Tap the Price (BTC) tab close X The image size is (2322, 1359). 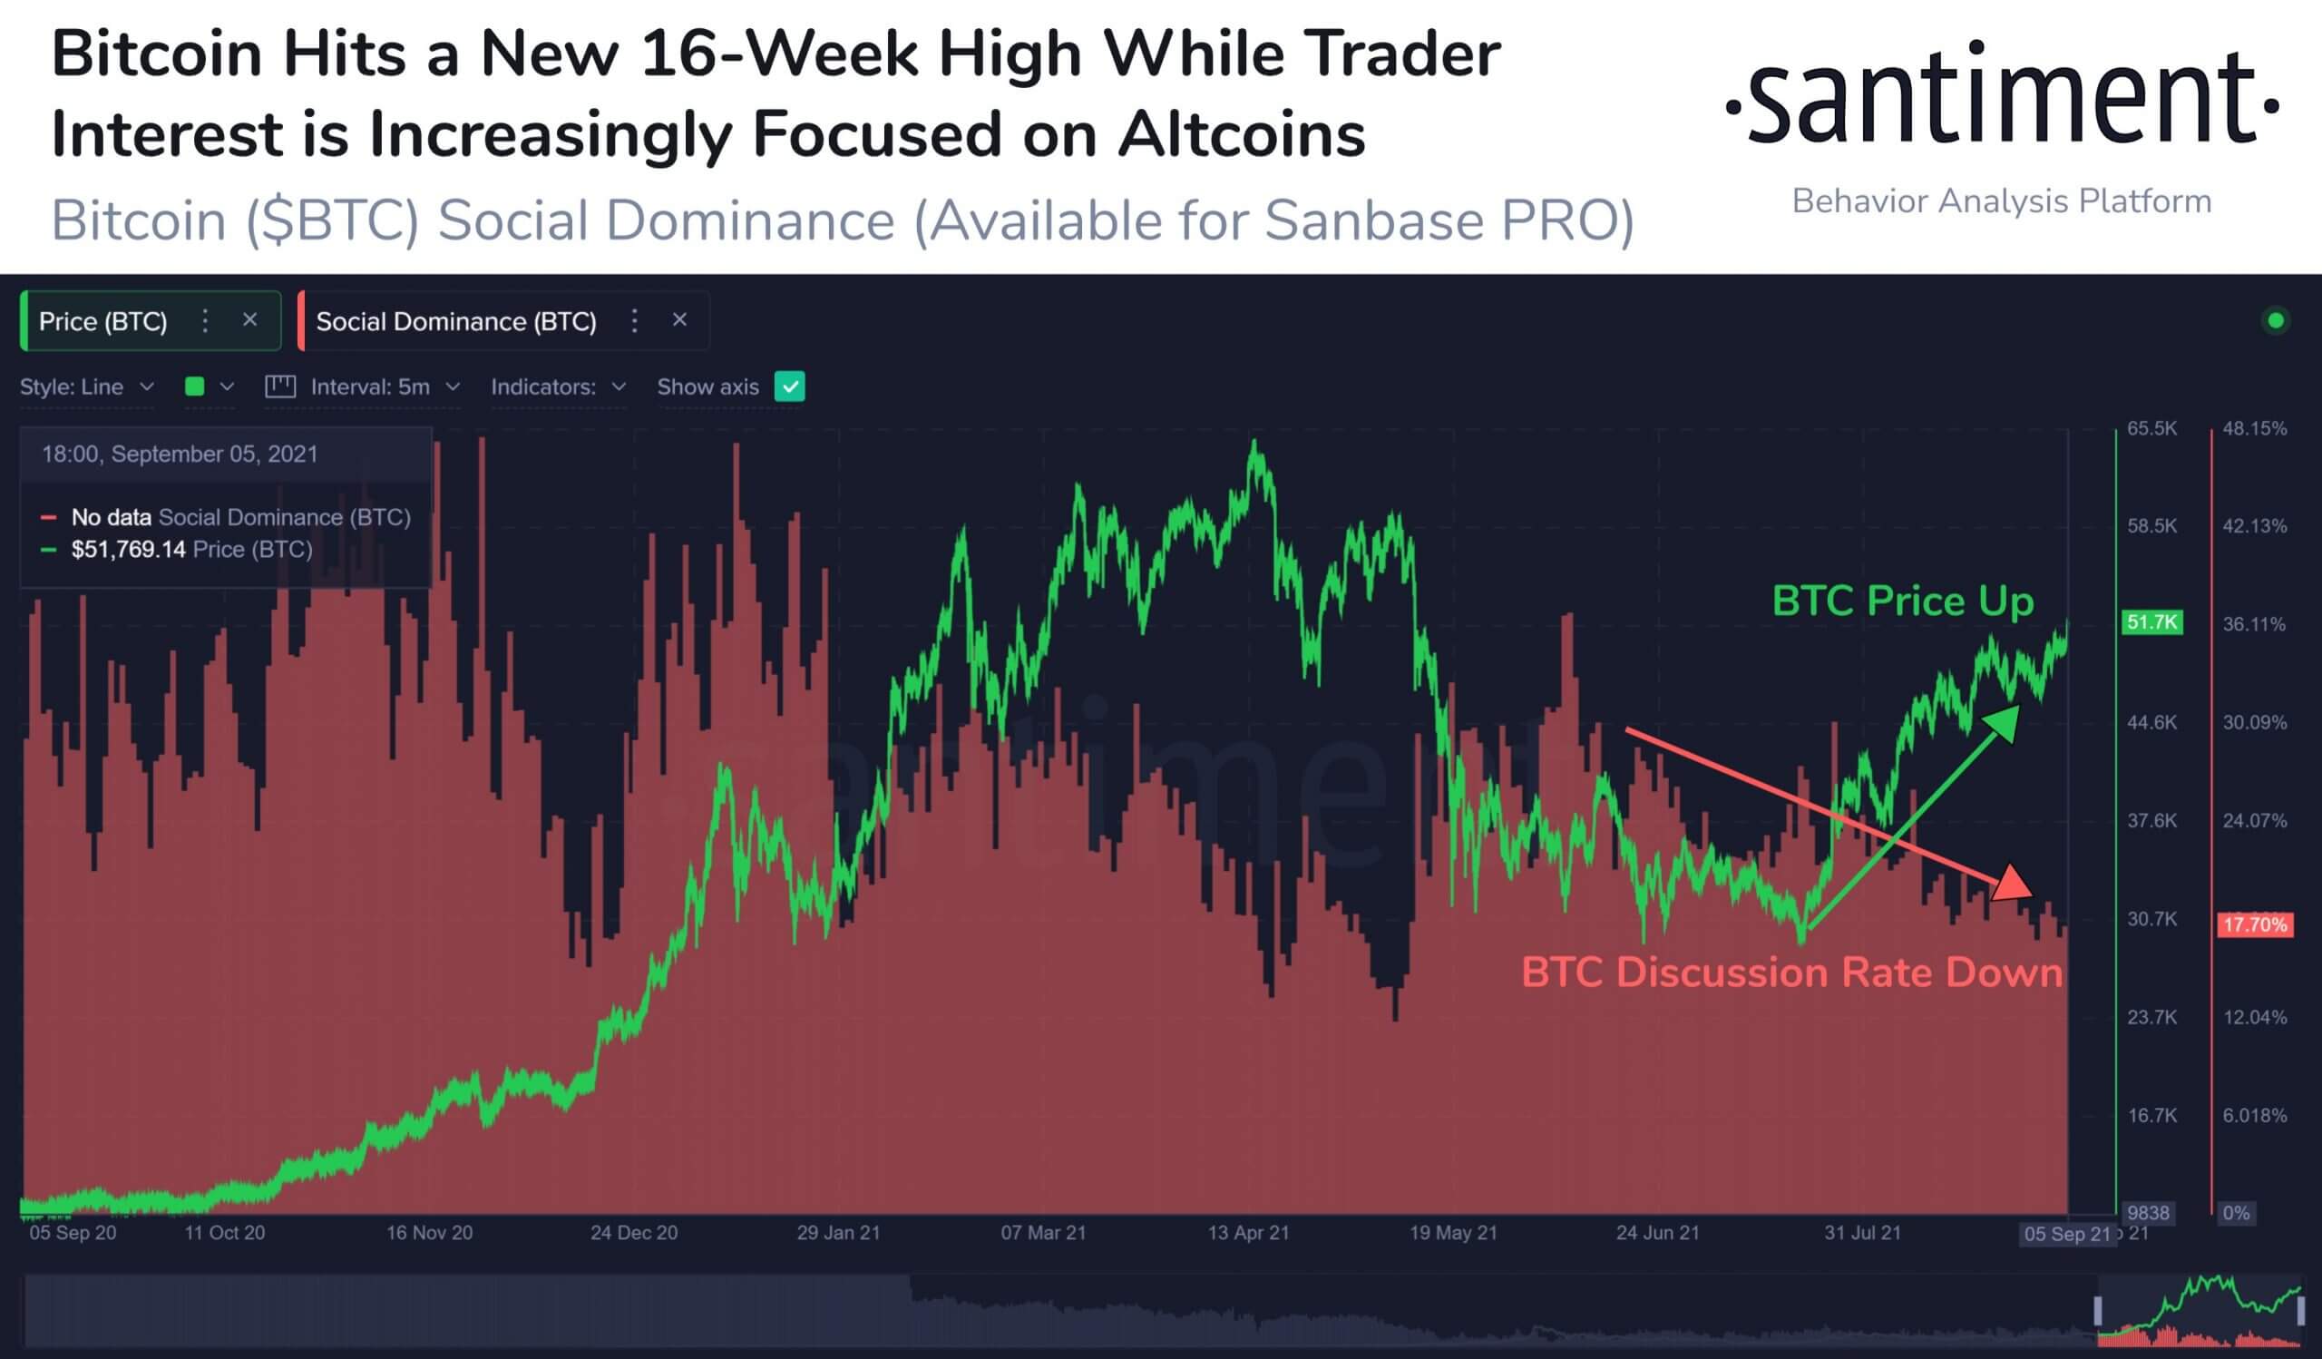tap(249, 319)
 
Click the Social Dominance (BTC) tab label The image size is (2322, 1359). tap(456, 321)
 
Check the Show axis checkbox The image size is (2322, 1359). tap(790, 387)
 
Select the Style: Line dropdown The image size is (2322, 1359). tap(86, 387)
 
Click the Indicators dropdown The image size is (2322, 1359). tap(559, 387)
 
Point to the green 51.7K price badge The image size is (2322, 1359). tap(2151, 623)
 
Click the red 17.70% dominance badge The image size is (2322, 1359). tap(2254, 924)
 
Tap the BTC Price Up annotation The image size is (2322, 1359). tap(1903, 601)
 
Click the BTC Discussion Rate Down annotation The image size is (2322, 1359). tap(1791, 973)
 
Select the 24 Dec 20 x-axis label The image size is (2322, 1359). tap(634, 1233)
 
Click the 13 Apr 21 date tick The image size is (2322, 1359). tap(1249, 1233)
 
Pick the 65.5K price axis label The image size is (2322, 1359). tap(2152, 428)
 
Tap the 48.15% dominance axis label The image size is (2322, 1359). tap(2254, 428)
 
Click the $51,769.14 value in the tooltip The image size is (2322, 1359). tap(128, 550)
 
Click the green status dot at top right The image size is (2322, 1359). tap(2275, 320)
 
